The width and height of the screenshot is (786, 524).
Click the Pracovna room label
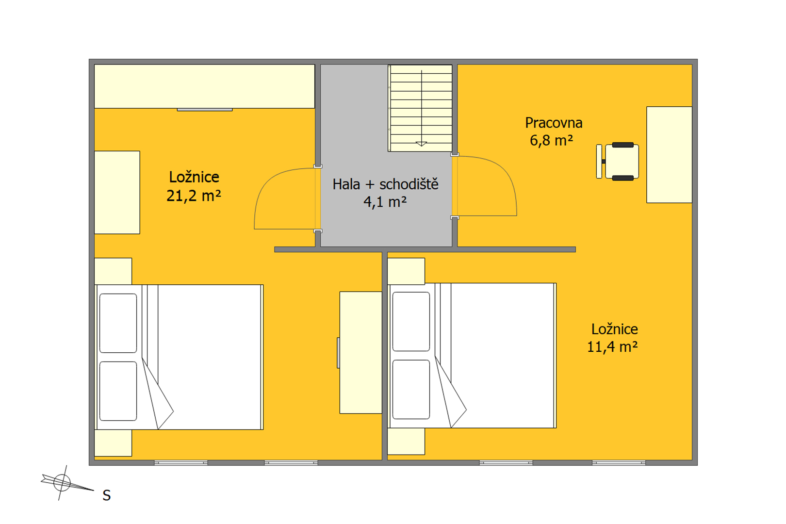click(554, 123)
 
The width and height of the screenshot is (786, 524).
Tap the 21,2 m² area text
click(194, 196)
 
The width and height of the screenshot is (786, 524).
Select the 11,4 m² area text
click(612, 347)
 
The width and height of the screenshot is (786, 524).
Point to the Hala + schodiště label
click(385, 184)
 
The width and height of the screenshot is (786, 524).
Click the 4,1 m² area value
click(385, 202)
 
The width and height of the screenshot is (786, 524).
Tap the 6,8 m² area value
click(551, 140)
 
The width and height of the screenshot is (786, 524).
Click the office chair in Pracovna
click(618, 162)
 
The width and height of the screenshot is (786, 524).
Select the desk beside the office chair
click(669, 155)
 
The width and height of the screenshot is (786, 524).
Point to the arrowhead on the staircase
click(421, 144)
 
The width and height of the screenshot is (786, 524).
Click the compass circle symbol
click(62, 483)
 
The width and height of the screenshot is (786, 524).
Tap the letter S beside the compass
click(107, 495)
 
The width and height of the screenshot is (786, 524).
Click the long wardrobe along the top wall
click(205, 86)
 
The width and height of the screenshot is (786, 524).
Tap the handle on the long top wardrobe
click(205, 110)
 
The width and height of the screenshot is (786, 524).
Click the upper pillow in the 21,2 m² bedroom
click(118, 323)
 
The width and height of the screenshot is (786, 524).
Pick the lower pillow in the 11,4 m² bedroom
click(411, 390)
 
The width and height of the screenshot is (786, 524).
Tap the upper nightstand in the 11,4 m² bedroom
click(406, 271)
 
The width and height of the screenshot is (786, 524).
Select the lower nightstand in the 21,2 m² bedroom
click(113, 443)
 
